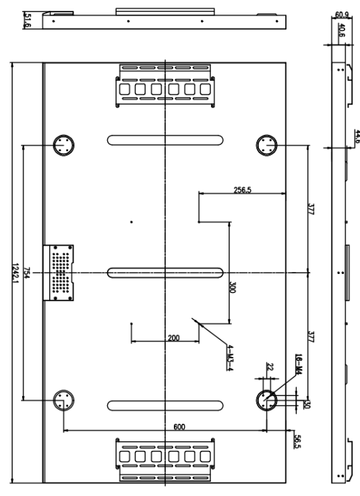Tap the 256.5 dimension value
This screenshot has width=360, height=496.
242,190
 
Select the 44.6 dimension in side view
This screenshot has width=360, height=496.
357,136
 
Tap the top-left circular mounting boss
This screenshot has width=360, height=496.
64,144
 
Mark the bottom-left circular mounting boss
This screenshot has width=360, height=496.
64,400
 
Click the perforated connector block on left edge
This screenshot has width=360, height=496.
59,273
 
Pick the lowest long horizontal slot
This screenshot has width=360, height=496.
165,404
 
